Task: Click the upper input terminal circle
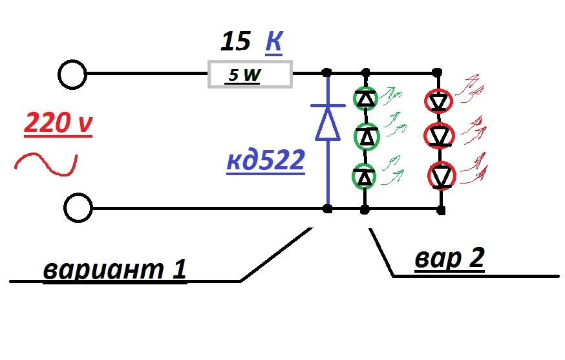click(x=72, y=74)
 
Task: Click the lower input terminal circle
click(x=78, y=208)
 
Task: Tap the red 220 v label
click(x=58, y=123)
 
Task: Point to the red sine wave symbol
click(x=46, y=165)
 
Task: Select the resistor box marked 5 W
click(x=250, y=74)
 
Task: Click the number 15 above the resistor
click(x=236, y=41)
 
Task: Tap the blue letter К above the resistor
click(x=274, y=42)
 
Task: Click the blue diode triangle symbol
click(x=328, y=123)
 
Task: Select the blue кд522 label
click(x=266, y=160)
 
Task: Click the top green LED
click(x=365, y=98)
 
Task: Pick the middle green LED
click(x=367, y=136)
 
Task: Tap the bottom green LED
click(x=365, y=176)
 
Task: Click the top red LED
click(x=438, y=101)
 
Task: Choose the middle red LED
click(x=439, y=136)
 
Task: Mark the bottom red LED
click(x=442, y=176)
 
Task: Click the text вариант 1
click(x=114, y=269)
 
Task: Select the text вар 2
click(x=450, y=258)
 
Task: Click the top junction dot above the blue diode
click(x=326, y=72)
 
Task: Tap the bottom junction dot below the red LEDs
click(x=441, y=210)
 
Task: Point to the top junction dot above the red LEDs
click(x=437, y=72)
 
